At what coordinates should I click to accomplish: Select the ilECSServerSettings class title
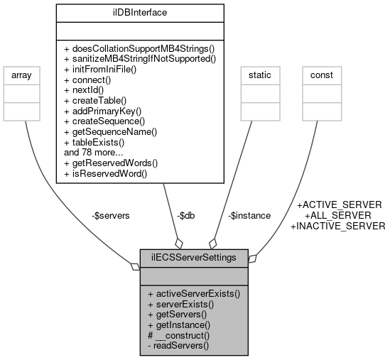tap(194, 256)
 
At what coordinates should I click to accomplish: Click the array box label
tap(24, 75)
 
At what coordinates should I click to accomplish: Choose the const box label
tap(322, 75)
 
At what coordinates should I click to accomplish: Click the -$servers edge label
tap(111, 216)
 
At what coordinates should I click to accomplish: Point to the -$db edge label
tap(188, 216)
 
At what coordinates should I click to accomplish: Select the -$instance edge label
tap(249, 216)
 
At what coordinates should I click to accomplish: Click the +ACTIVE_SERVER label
tap(339, 204)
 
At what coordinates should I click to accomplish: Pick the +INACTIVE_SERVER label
tap(338, 226)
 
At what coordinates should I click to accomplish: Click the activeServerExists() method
tap(194, 293)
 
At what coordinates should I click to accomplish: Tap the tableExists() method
tap(99, 142)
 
